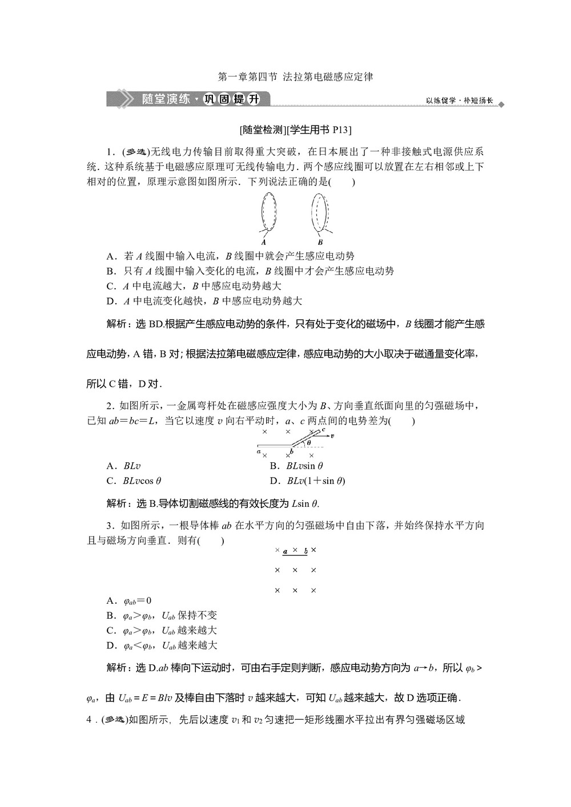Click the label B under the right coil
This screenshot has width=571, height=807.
[x=320, y=241]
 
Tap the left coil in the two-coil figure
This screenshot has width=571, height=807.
[x=268, y=212]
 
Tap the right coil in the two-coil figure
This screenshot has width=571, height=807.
[x=320, y=212]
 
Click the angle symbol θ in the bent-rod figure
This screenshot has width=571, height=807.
[x=309, y=442]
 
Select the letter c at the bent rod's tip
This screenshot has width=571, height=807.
[x=323, y=429]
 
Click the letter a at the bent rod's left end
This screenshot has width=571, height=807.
[x=259, y=451]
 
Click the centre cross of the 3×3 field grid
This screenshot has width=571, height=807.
[x=295, y=570]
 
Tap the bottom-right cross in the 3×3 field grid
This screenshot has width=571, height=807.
[x=313, y=591]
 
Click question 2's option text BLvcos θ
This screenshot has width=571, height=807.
[x=142, y=481]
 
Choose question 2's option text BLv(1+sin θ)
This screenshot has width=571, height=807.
[x=316, y=481]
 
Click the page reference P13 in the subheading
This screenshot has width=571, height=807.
[x=340, y=130]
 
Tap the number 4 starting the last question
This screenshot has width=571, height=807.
[x=89, y=720]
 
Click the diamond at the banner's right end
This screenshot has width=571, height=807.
[x=501, y=105]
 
